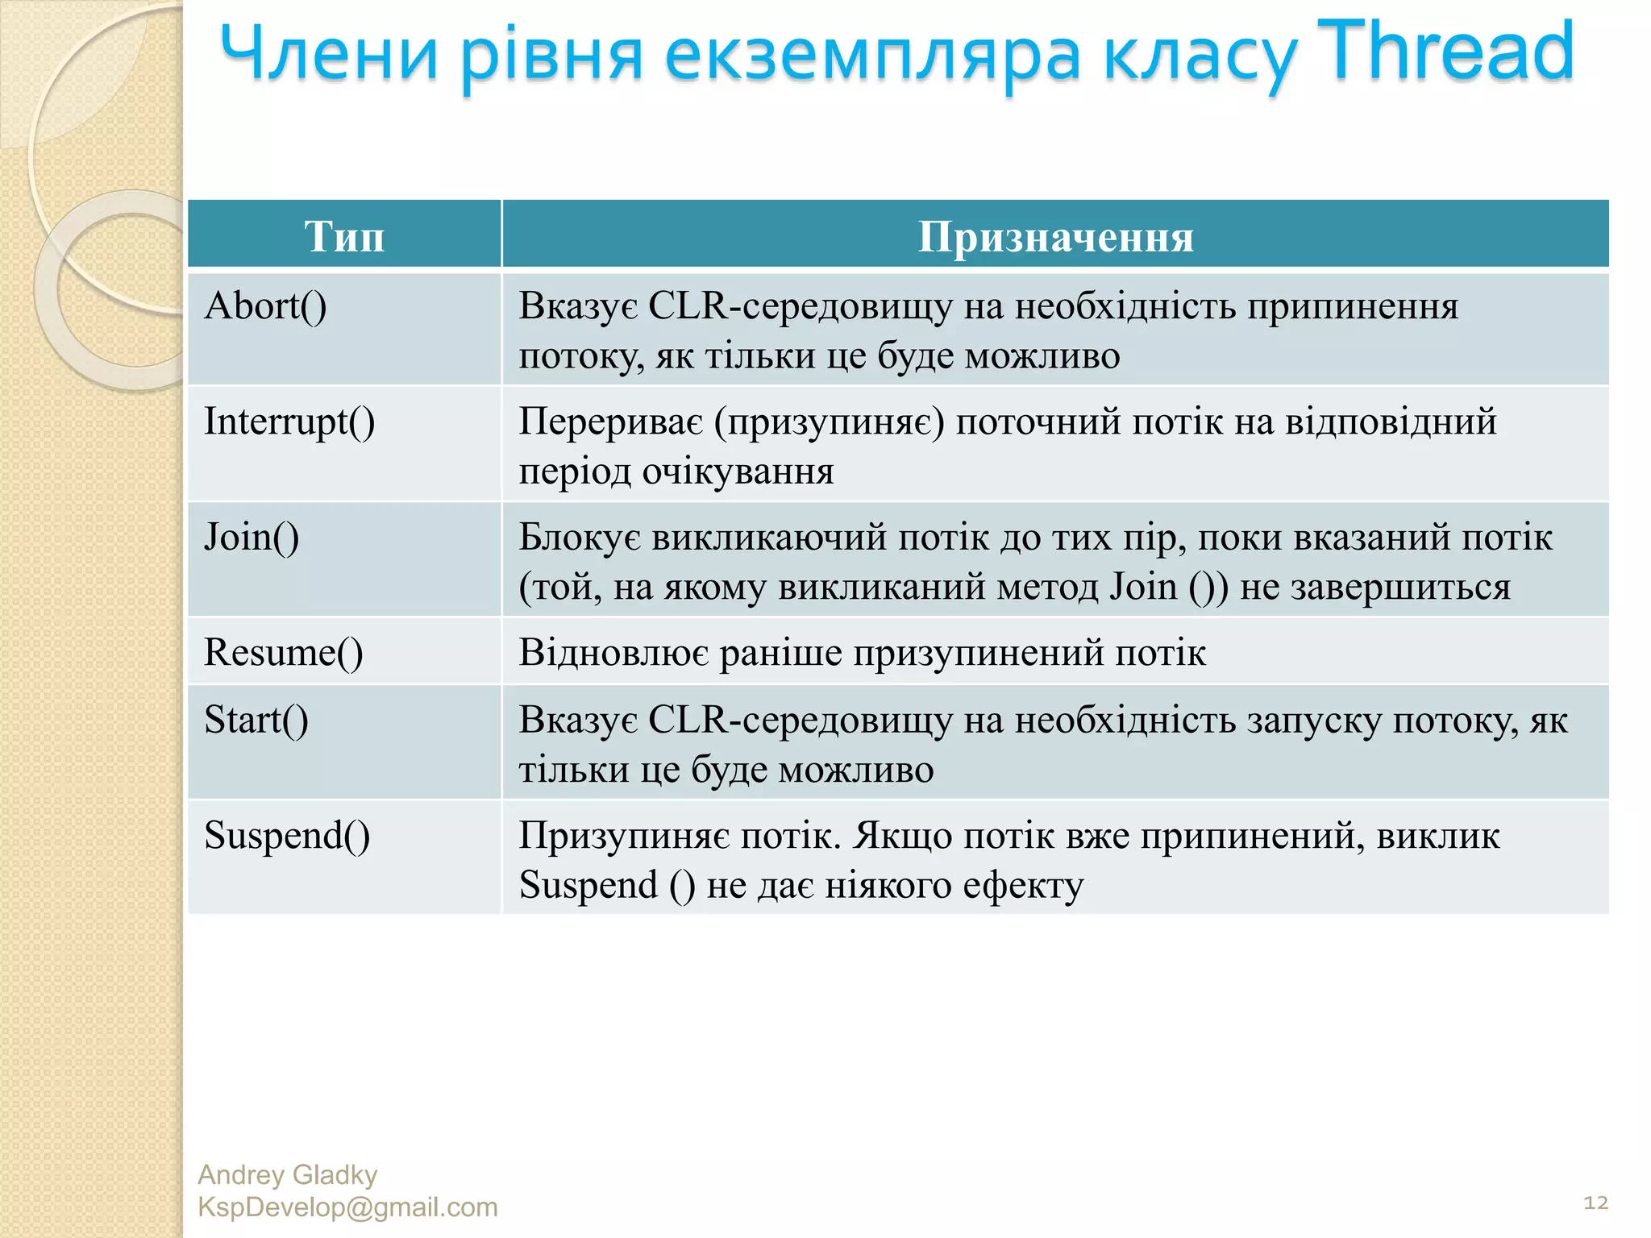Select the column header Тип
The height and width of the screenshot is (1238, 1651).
tap(344, 237)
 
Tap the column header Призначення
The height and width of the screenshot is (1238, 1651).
tap(1055, 237)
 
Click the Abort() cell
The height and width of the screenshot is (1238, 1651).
tap(265, 306)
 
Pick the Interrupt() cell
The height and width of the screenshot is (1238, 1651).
tap(289, 422)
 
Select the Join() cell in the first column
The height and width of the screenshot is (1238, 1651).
tap(252, 538)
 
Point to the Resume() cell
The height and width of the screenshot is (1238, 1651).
tap(283, 653)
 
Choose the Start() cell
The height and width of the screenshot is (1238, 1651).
tap(256, 720)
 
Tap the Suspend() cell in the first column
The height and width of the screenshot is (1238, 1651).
tap(287, 836)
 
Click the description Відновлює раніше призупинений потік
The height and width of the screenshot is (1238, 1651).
tap(862, 653)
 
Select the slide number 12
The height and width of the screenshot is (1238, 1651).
tap(1595, 1203)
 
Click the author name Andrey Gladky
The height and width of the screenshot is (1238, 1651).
tap(287, 1175)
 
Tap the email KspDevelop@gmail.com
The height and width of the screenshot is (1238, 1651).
tap(347, 1207)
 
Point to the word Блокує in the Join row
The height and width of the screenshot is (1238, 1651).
tap(580, 538)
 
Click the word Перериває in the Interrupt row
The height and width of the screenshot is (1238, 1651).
tap(610, 422)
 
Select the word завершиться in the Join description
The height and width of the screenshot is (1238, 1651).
tap(1400, 588)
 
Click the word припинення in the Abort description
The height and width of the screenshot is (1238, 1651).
tap(1353, 306)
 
